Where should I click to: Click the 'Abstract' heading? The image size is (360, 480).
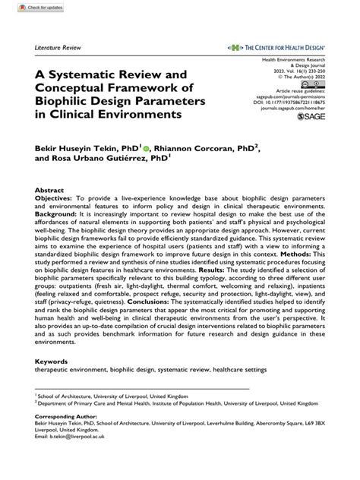pyautogui.click(x=50, y=191)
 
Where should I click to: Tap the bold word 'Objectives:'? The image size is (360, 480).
pyautogui.click(x=55, y=199)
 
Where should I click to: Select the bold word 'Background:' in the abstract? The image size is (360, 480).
pyautogui.click(x=57, y=216)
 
